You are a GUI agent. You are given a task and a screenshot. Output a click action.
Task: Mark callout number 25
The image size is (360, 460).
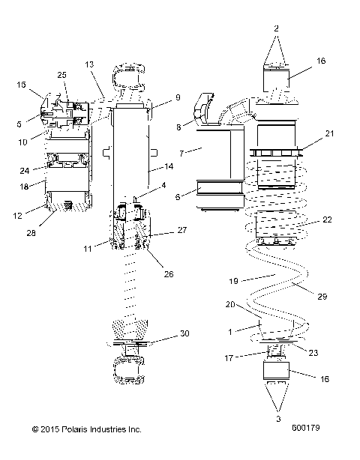[x=62, y=76]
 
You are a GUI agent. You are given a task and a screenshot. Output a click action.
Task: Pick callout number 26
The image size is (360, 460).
[x=169, y=274]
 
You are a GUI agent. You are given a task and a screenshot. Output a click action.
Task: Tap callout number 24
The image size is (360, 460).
[x=25, y=170]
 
